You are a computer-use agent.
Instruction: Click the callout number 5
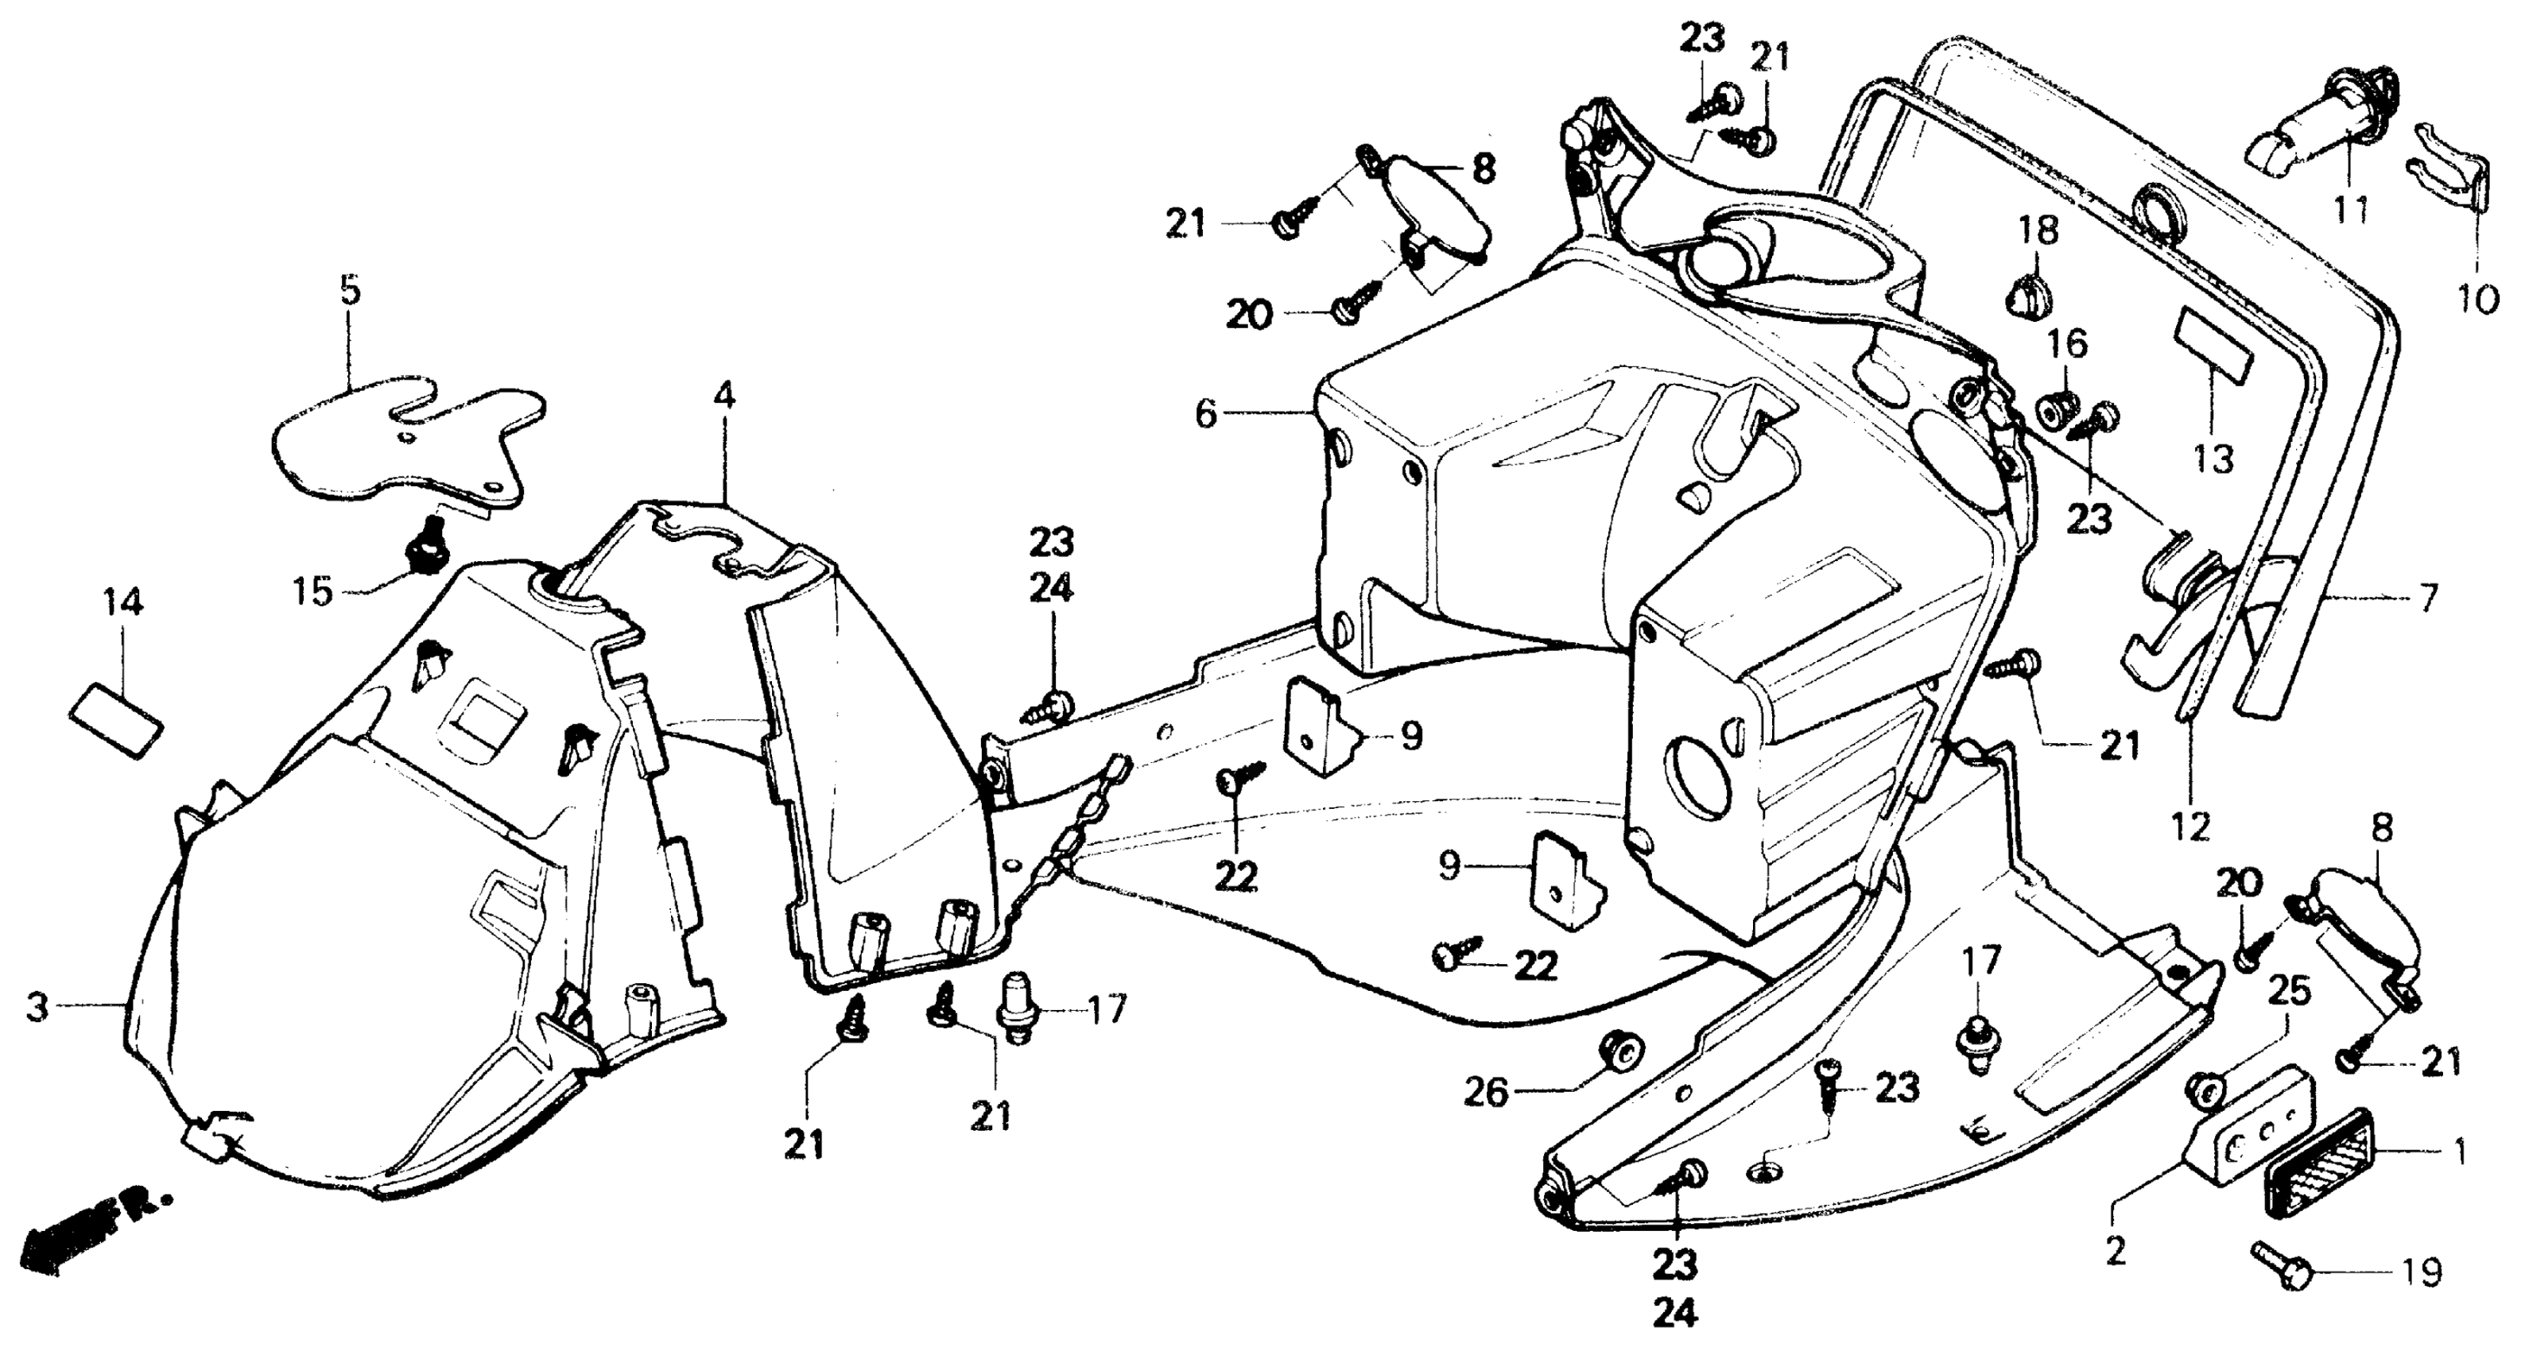350,291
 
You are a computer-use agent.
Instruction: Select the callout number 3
37,1007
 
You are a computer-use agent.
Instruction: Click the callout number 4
723,396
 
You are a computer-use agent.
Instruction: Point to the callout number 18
2038,232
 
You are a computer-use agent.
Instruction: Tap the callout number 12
2191,828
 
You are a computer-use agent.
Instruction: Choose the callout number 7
2427,598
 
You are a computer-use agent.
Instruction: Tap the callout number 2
2116,1251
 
